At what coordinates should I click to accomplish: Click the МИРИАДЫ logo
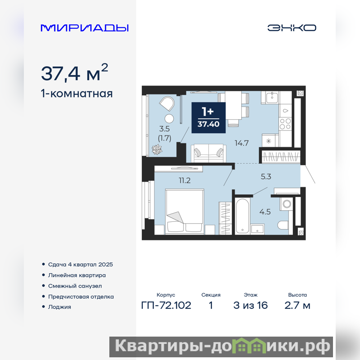[85, 28]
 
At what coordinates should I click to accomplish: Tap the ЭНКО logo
[292, 28]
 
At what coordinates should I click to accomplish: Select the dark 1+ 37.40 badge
[208, 117]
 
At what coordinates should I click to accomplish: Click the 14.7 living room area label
[242, 143]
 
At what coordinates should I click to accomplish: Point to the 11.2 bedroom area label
[184, 180]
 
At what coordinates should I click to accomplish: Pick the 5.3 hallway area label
[266, 176]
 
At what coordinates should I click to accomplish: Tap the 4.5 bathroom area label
[265, 211]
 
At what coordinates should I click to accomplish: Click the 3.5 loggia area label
[164, 129]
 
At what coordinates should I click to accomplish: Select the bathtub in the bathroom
[242, 216]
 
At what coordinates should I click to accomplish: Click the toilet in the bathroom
[283, 225]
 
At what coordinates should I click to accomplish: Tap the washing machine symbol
[287, 204]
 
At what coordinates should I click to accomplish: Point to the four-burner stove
[285, 124]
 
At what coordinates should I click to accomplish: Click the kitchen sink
[272, 97]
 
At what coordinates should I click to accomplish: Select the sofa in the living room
[209, 153]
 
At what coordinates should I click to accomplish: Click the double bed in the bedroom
[184, 211]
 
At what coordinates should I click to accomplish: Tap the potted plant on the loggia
[157, 149]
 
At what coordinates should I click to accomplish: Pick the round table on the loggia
[169, 118]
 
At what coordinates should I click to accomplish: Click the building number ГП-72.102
[166, 306]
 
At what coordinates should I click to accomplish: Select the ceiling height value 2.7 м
[297, 306]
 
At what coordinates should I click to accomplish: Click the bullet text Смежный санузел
[75, 286]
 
